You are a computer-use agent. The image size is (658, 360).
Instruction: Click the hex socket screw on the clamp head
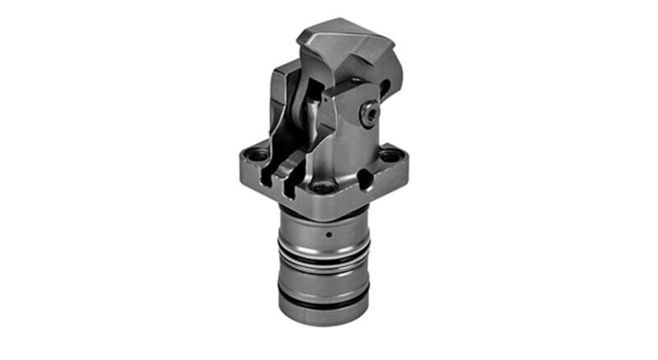(368, 115)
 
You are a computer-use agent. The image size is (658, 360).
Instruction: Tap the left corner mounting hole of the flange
(257, 155)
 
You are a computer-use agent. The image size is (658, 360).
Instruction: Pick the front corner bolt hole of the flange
(322, 188)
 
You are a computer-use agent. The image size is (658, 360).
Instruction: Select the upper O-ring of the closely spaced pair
(322, 256)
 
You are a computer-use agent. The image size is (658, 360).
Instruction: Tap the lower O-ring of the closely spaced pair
(322, 267)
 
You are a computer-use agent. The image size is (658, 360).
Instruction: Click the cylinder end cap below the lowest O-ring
(322, 316)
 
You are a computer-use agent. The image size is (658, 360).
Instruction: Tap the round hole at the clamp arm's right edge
(384, 89)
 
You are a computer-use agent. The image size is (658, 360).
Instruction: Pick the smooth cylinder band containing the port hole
(322, 234)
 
